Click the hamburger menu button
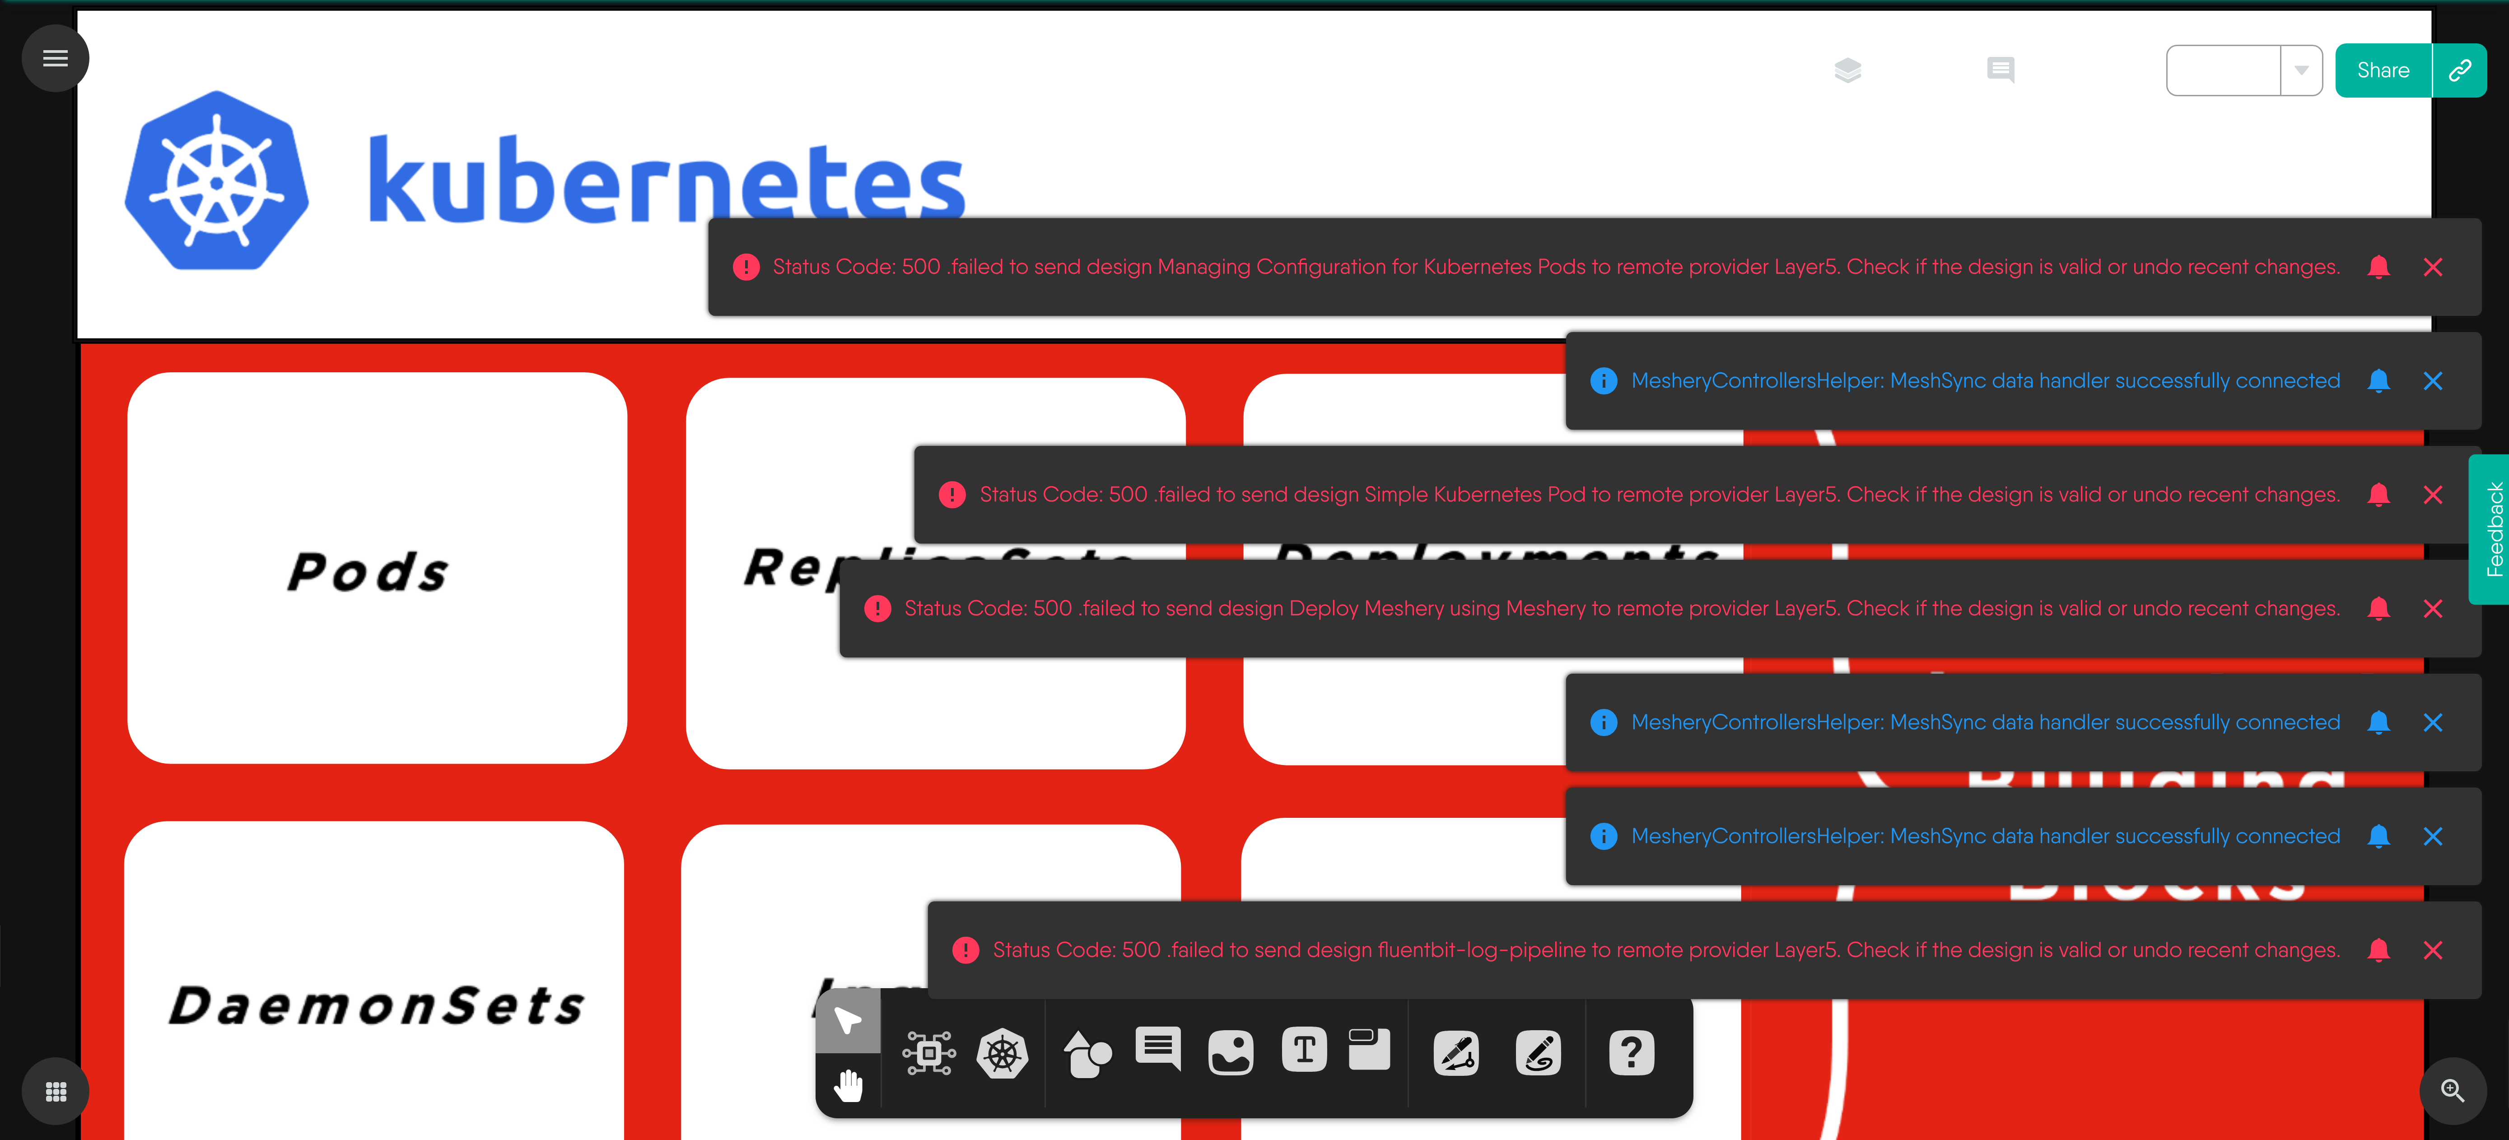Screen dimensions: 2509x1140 pyautogui.click(x=56, y=58)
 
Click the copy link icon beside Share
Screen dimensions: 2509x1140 pyautogui.click(x=2459, y=70)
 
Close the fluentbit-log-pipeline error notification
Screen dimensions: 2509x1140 pyautogui.click(x=2432, y=950)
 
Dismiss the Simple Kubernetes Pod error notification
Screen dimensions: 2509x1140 pyautogui.click(x=2432, y=495)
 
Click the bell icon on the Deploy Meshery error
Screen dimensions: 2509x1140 pyautogui.click(x=2378, y=609)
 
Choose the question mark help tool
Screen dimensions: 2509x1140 pyautogui.click(x=1632, y=1052)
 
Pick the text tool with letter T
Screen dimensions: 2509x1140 pyautogui.click(x=1304, y=1051)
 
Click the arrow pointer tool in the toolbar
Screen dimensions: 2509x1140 pyautogui.click(x=847, y=1020)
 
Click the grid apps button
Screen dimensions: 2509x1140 pyautogui.click(x=56, y=1091)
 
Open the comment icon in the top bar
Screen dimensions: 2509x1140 pyautogui.click(x=2001, y=70)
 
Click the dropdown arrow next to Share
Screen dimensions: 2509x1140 pyautogui.click(x=2300, y=70)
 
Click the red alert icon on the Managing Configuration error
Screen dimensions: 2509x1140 pyautogui.click(x=746, y=267)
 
